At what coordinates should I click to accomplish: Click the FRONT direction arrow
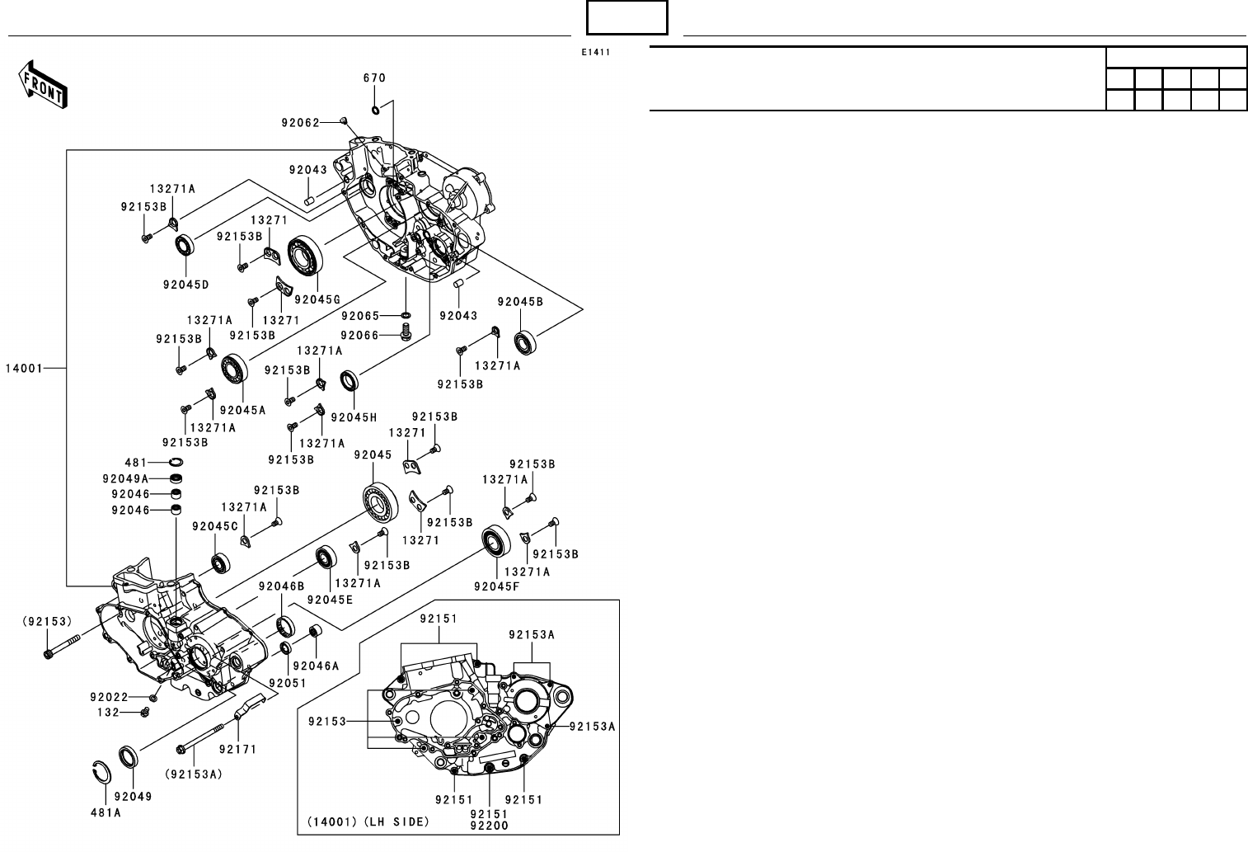tap(43, 84)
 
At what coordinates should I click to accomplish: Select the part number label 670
tap(374, 78)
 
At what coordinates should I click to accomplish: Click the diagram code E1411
tap(596, 53)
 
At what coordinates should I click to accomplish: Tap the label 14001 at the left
tap(24, 368)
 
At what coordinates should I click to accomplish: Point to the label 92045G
tap(317, 299)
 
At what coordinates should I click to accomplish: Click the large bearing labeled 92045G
tap(306, 256)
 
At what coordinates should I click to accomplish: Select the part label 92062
tap(300, 123)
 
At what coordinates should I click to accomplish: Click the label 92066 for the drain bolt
tap(359, 335)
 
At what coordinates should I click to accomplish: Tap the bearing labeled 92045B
tap(525, 343)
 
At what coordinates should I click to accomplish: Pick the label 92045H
tap(354, 417)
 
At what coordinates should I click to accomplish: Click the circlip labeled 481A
tap(101, 772)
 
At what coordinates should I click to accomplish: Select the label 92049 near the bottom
tap(134, 797)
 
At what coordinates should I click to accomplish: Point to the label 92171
tap(238, 750)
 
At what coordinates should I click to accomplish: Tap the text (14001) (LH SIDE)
tap(368, 821)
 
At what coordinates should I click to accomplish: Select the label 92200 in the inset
tap(489, 826)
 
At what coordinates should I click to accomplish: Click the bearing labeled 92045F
tap(496, 541)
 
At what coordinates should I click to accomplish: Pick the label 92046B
tap(281, 586)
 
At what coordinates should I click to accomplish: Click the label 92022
tap(109, 697)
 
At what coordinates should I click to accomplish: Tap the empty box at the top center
tap(626, 18)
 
